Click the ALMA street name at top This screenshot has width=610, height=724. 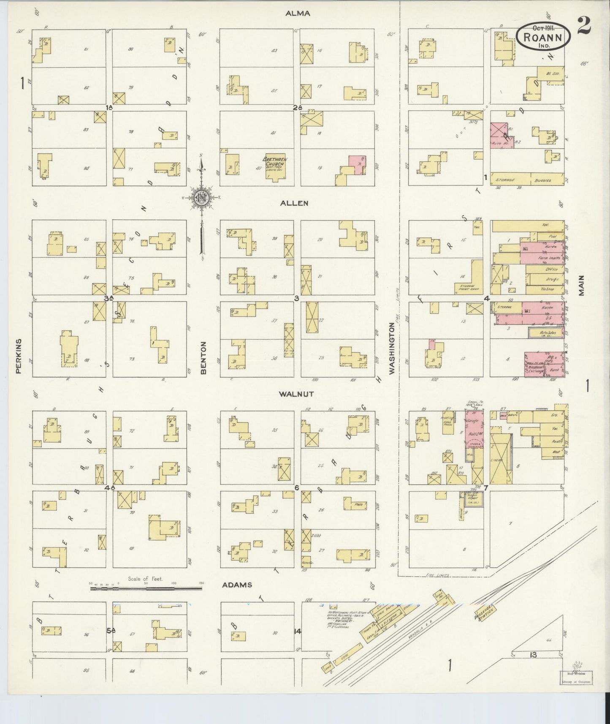pyautogui.click(x=297, y=13)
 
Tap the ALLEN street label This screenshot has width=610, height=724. pyautogui.click(x=294, y=203)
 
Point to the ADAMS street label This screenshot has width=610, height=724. pyautogui.click(x=237, y=585)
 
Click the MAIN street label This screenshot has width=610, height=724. pyautogui.click(x=582, y=286)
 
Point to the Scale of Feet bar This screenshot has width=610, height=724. pyautogui.click(x=146, y=584)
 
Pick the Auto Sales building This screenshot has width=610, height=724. pyautogui.click(x=548, y=333)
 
